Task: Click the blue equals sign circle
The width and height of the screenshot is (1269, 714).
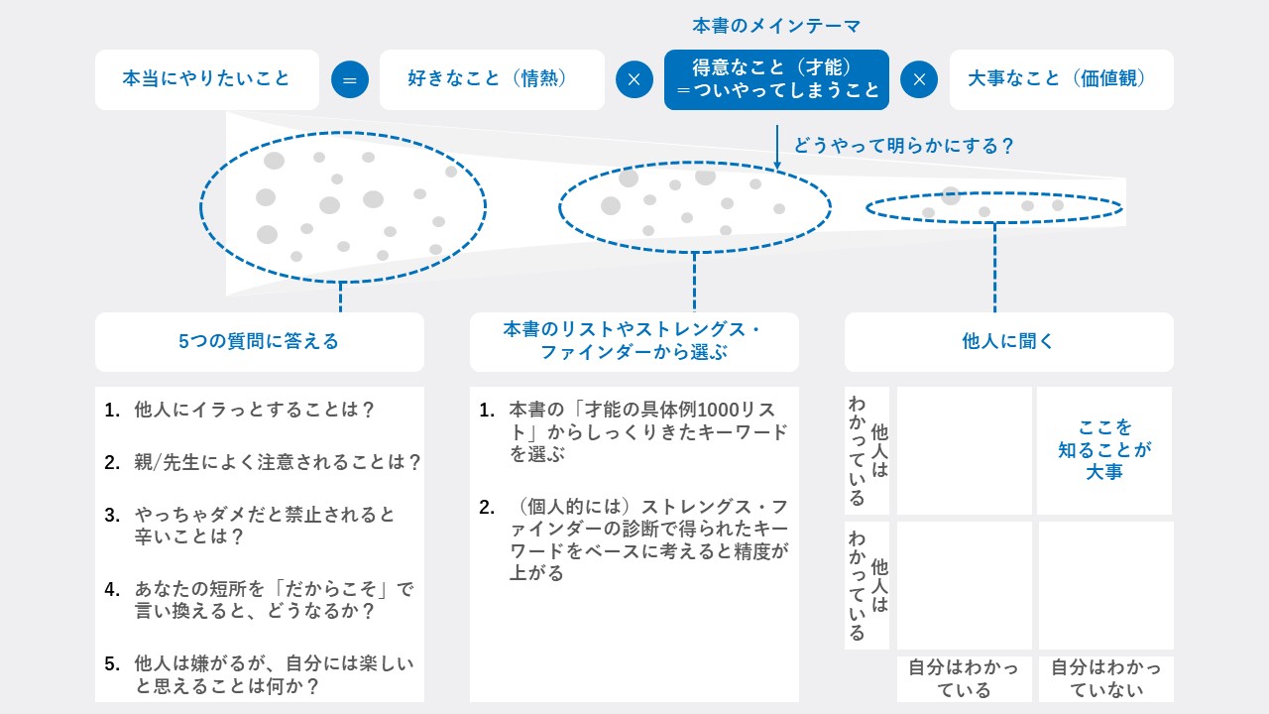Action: (x=350, y=79)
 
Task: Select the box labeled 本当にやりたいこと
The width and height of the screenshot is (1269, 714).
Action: (x=207, y=79)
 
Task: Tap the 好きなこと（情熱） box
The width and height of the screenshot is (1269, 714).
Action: (x=492, y=79)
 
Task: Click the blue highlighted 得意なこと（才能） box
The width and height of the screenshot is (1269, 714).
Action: (x=776, y=79)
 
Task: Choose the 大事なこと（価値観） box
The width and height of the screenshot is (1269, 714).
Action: (x=1061, y=79)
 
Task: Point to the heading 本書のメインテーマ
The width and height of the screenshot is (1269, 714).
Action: (x=776, y=26)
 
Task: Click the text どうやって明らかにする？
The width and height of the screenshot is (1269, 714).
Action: (x=903, y=146)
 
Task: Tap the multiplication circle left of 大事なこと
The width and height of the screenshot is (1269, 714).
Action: (x=919, y=79)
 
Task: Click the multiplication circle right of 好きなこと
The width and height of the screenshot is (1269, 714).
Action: (x=634, y=79)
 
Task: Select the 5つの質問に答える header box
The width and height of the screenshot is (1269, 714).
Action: (x=260, y=342)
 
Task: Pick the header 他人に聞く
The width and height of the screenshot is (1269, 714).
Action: (x=1008, y=342)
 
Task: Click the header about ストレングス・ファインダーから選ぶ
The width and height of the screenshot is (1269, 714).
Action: (x=634, y=342)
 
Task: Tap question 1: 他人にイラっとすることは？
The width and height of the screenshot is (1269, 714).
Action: (x=239, y=410)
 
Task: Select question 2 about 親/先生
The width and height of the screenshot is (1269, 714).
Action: (x=263, y=462)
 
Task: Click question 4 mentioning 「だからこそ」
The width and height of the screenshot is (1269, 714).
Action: (x=259, y=600)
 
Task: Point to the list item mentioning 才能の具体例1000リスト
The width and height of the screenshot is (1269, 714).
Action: (x=634, y=431)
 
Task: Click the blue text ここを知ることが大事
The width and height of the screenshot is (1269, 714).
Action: (x=1104, y=449)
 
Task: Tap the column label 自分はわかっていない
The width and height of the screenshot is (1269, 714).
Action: (x=1105, y=678)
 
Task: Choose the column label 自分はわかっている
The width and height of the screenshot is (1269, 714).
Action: (x=964, y=678)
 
